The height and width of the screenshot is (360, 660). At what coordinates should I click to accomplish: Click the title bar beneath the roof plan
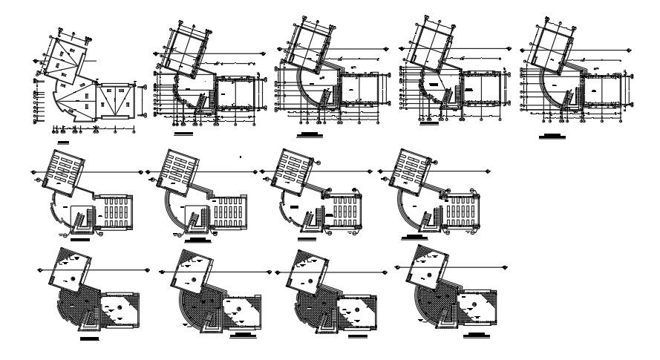[x=62, y=140]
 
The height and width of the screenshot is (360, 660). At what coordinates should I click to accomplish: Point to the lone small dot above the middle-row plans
[x=242, y=157]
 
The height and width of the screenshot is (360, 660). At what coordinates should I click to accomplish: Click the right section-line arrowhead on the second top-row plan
[x=265, y=53]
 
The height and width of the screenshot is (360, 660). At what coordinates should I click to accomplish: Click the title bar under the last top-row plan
[x=550, y=136]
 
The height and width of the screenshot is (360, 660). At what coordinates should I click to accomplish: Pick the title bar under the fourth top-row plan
[x=429, y=124]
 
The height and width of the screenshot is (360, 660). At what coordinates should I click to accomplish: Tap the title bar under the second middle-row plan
[x=199, y=240]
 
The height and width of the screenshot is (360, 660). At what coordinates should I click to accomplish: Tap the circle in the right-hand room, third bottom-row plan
[x=350, y=305]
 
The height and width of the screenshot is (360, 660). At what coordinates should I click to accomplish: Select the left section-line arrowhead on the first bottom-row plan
[x=37, y=272]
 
